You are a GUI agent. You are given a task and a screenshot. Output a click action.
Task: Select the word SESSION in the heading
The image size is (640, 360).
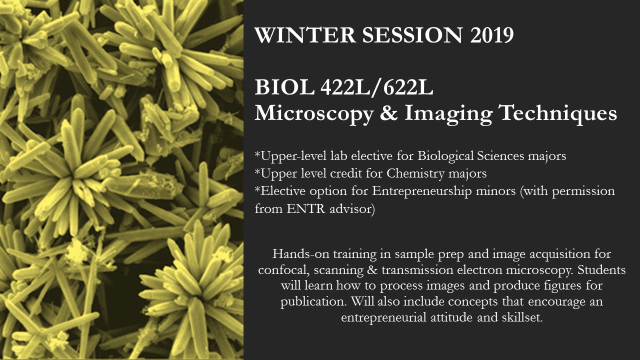412,35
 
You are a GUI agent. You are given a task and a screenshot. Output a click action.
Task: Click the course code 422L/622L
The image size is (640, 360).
377,87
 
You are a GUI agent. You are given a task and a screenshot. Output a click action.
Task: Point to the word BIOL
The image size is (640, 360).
284,87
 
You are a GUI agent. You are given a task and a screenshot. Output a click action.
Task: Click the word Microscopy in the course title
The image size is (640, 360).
314,113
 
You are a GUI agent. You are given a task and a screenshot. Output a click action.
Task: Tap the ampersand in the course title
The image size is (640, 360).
388,112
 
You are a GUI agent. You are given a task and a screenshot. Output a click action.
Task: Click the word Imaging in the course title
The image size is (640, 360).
447,113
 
